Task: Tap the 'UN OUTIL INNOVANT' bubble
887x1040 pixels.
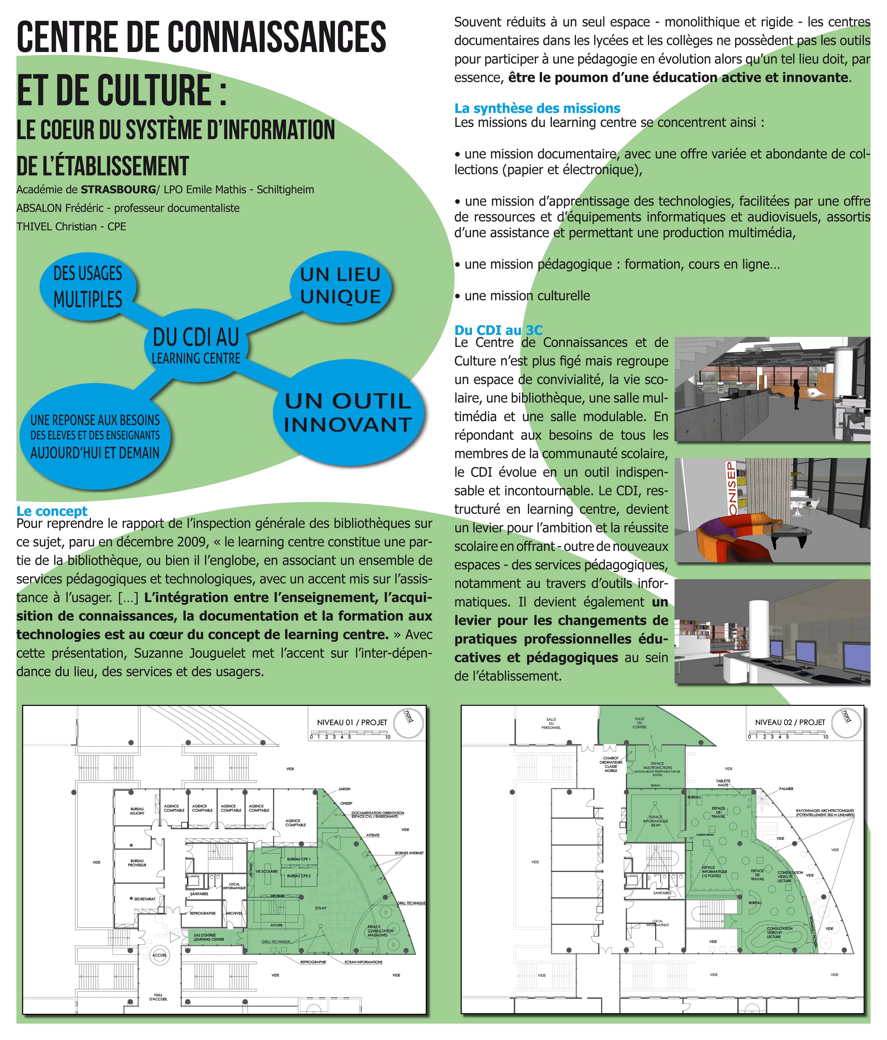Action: [x=348, y=413]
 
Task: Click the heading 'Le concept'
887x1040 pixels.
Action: [x=52, y=511]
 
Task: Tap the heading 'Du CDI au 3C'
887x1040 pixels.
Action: [x=498, y=330]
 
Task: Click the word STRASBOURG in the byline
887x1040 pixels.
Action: [x=118, y=190]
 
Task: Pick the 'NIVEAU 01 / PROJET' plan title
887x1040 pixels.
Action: [x=352, y=722]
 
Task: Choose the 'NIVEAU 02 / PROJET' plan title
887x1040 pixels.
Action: [x=790, y=722]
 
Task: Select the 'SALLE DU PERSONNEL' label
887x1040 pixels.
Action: [x=551, y=723]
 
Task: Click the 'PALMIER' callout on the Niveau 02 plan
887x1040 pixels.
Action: [x=786, y=789]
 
